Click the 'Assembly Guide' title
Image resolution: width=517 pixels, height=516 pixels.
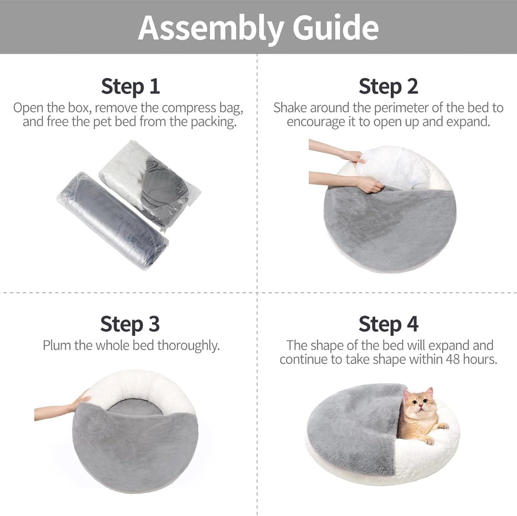(x=258, y=27)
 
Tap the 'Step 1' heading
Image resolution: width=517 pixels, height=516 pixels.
(x=130, y=86)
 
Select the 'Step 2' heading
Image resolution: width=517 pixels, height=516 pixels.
(x=388, y=86)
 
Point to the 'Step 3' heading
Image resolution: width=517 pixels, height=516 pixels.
(x=130, y=324)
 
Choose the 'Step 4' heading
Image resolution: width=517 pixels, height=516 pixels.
(x=388, y=324)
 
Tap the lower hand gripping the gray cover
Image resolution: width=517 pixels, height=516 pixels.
(x=369, y=185)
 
